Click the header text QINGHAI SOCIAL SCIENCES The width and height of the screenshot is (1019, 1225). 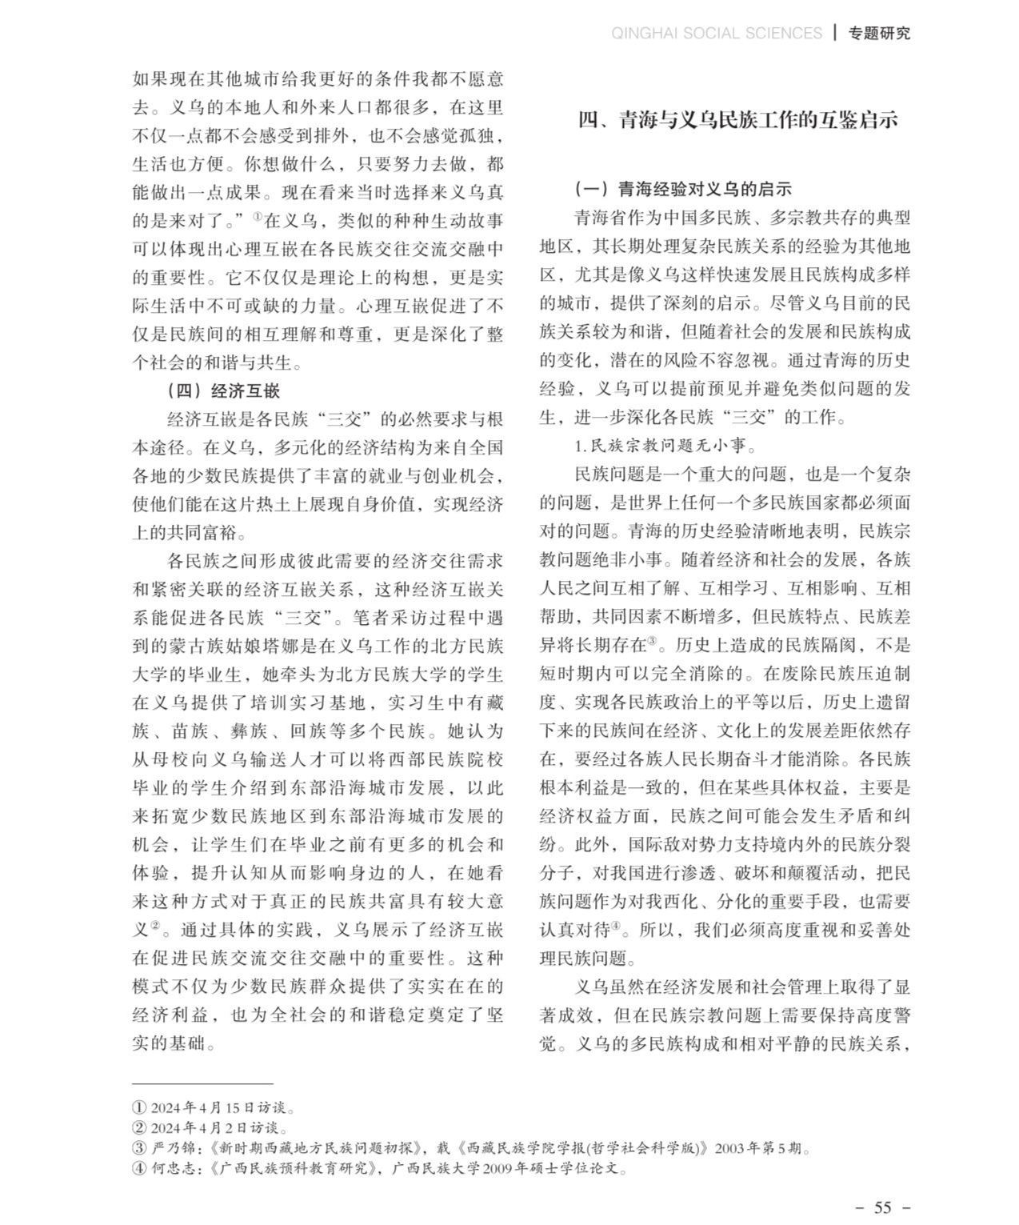click(716, 33)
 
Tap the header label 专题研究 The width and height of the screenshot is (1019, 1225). click(880, 33)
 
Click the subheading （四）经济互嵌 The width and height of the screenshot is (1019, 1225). click(222, 390)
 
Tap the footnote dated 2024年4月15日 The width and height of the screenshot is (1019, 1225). click(214, 1108)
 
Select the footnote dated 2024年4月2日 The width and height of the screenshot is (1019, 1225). click(210, 1128)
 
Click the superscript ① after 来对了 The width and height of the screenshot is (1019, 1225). click(258, 216)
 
